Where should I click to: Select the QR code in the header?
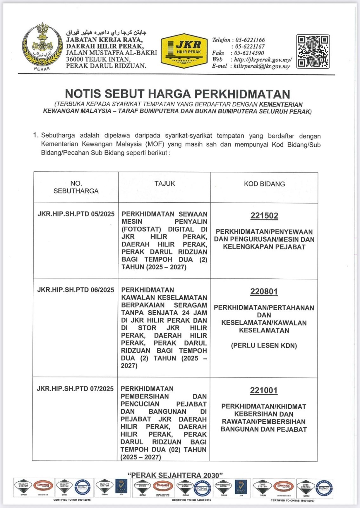(x=313, y=51)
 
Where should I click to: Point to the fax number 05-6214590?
(x=249, y=53)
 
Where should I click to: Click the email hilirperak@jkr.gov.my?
(x=262, y=66)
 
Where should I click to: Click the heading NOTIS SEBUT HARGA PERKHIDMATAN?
(x=177, y=94)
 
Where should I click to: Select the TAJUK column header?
(x=164, y=184)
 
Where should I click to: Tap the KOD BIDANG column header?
(x=264, y=184)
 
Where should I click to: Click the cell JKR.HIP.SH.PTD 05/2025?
(x=76, y=214)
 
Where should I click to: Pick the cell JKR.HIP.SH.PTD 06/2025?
(x=76, y=290)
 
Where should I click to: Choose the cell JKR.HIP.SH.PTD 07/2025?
(x=75, y=389)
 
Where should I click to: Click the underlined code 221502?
(x=264, y=216)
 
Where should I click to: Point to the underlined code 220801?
(x=264, y=291)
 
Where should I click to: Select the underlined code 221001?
(x=263, y=390)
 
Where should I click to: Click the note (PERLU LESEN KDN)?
(x=264, y=345)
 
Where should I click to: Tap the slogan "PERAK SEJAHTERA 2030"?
(x=175, y=475)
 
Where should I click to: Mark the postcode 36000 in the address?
(x=76, y=59)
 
